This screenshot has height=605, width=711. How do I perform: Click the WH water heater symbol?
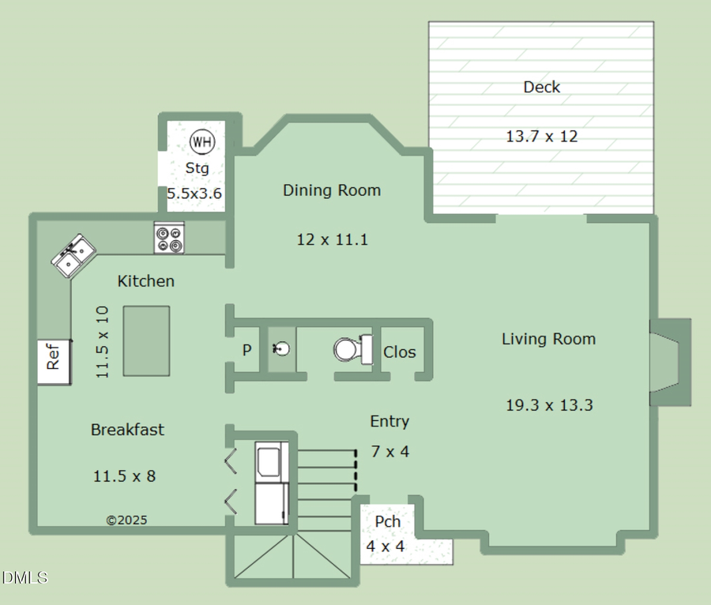(202, 142)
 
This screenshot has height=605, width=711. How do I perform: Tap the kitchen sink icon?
(74, 256)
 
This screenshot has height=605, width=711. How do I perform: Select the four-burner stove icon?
(169, 239)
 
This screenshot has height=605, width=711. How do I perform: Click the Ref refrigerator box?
(54, 361)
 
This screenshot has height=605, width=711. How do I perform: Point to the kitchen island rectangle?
(146, 340)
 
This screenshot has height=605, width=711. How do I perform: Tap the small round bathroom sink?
(281, 348)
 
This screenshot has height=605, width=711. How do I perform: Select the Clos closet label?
(399, 352)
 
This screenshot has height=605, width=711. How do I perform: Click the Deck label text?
(542, 87)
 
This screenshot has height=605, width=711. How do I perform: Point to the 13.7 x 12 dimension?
(542, 136)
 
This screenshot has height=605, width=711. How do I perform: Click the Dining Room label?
(332, 190)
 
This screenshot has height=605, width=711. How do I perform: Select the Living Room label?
(548, 339)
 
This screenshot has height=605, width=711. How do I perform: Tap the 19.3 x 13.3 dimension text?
(548, 405)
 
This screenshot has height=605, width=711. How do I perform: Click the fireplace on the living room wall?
(669, 363)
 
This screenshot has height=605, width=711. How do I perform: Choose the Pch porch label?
(387, 522)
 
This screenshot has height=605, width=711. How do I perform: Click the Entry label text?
(389, 422)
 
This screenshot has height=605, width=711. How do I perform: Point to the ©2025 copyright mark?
(126, 520)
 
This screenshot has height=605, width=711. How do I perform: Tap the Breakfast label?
(127, 430)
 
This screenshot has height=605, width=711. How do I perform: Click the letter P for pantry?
(246, 349)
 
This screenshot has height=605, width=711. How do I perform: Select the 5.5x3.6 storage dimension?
(194, 193)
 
